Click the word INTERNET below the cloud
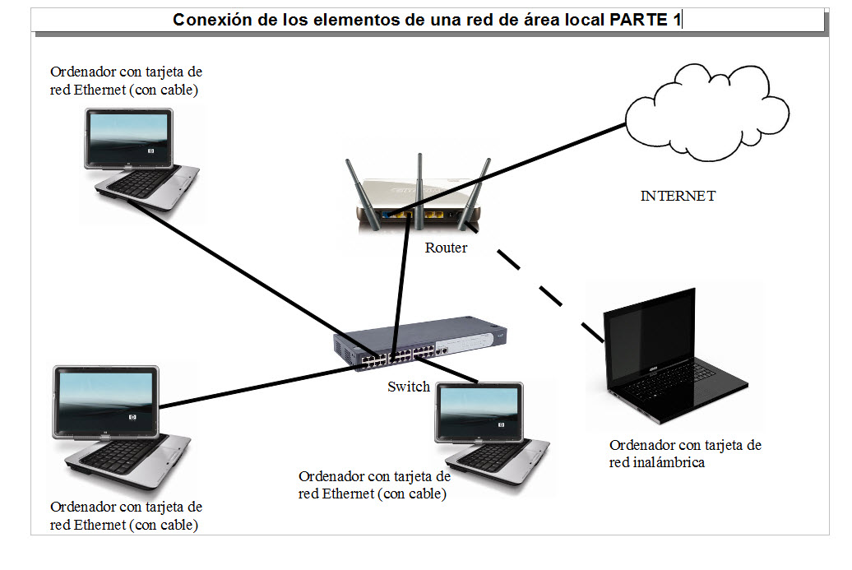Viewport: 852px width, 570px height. point(678,197)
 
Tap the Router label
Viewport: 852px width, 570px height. point(446,248)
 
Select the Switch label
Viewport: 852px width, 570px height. point(408,387)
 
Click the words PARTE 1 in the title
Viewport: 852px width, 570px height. point(645,21)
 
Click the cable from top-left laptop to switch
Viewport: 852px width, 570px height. point(247,276)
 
